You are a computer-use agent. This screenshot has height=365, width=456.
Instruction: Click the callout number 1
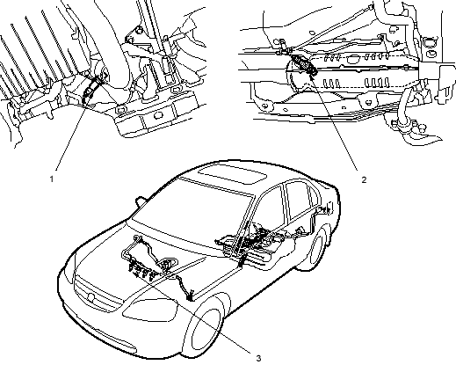(x=52, y=179)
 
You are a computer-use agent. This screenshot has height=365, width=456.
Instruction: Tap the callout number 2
(x=364, y=179)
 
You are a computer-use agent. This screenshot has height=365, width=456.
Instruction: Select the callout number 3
(x=258, y=358)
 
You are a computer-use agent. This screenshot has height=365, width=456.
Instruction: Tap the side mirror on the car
(x=141, y=201)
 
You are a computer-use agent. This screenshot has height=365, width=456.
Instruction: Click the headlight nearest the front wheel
(x=150, y=310)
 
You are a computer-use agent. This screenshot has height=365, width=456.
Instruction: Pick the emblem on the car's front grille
(x=90, y=297)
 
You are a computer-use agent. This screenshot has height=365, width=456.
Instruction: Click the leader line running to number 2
(x=334, y=122)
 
